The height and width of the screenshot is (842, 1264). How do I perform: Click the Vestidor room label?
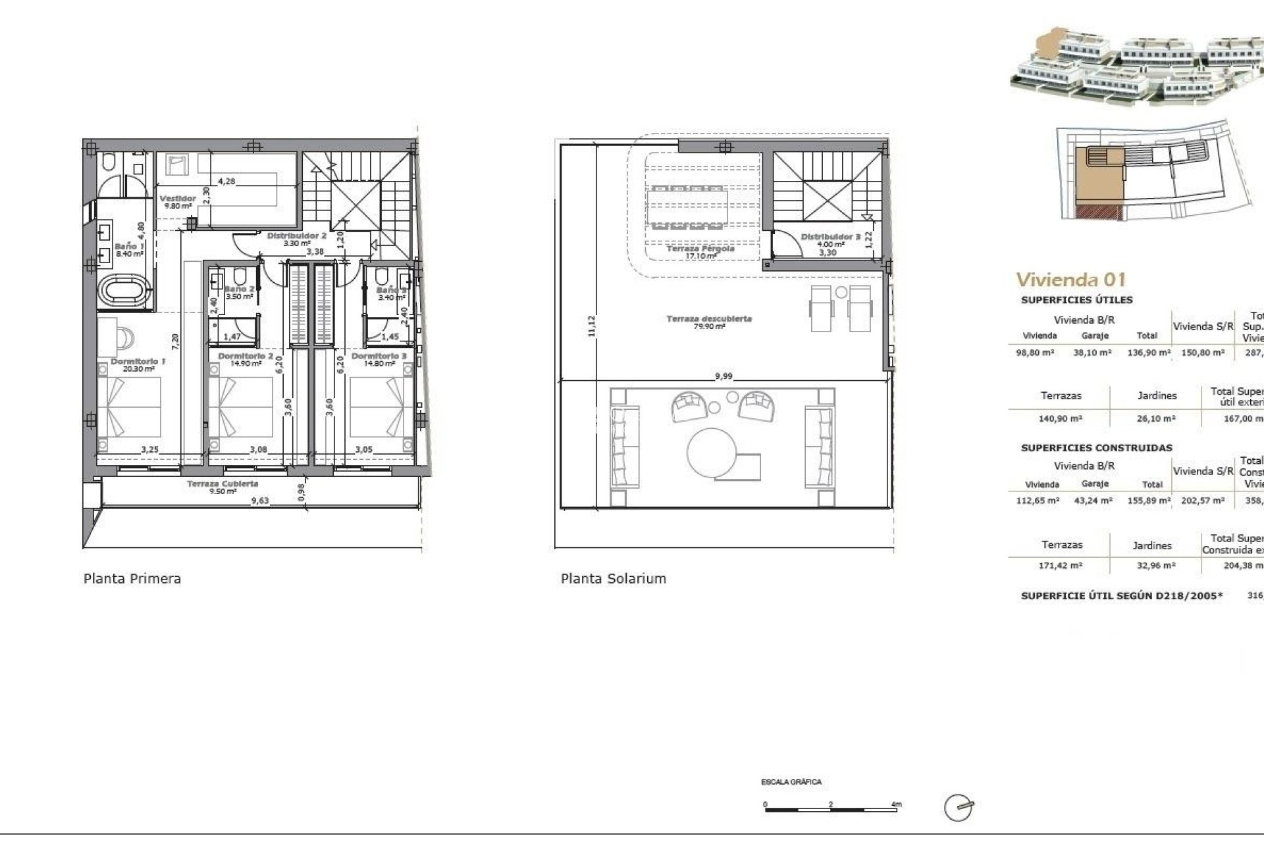click(178, 198)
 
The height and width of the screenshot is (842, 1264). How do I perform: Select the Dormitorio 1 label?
click(138, 361)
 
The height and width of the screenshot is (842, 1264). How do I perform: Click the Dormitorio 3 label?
click(379, 356)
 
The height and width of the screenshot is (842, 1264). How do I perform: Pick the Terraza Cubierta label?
click(223, 483)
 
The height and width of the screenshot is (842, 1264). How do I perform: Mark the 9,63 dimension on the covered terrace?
click(261, 501)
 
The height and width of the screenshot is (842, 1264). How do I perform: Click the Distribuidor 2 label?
click(296, 235)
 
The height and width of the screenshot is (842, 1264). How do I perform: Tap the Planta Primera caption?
click(132, 579)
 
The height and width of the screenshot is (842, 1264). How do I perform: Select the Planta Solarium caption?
click(613, 579)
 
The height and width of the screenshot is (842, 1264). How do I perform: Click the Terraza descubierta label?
click(709, 318)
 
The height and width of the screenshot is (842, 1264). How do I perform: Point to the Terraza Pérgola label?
click(700, 249)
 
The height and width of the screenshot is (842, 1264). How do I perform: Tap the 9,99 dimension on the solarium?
click(723, 376)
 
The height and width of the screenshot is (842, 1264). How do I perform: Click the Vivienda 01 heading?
click(1070, 280)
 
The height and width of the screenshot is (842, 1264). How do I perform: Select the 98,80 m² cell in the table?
click(1035, 353)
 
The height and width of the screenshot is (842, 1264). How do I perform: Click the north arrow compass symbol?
click(959, 807)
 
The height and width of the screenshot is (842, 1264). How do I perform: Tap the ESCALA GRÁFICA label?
click(791, 782)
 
